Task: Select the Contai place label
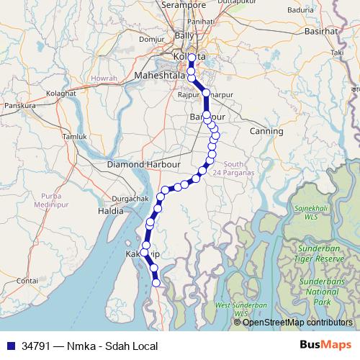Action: tap(27, 279)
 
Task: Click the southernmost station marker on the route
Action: tap(157, 283)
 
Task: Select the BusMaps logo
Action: tap(325, 345)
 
